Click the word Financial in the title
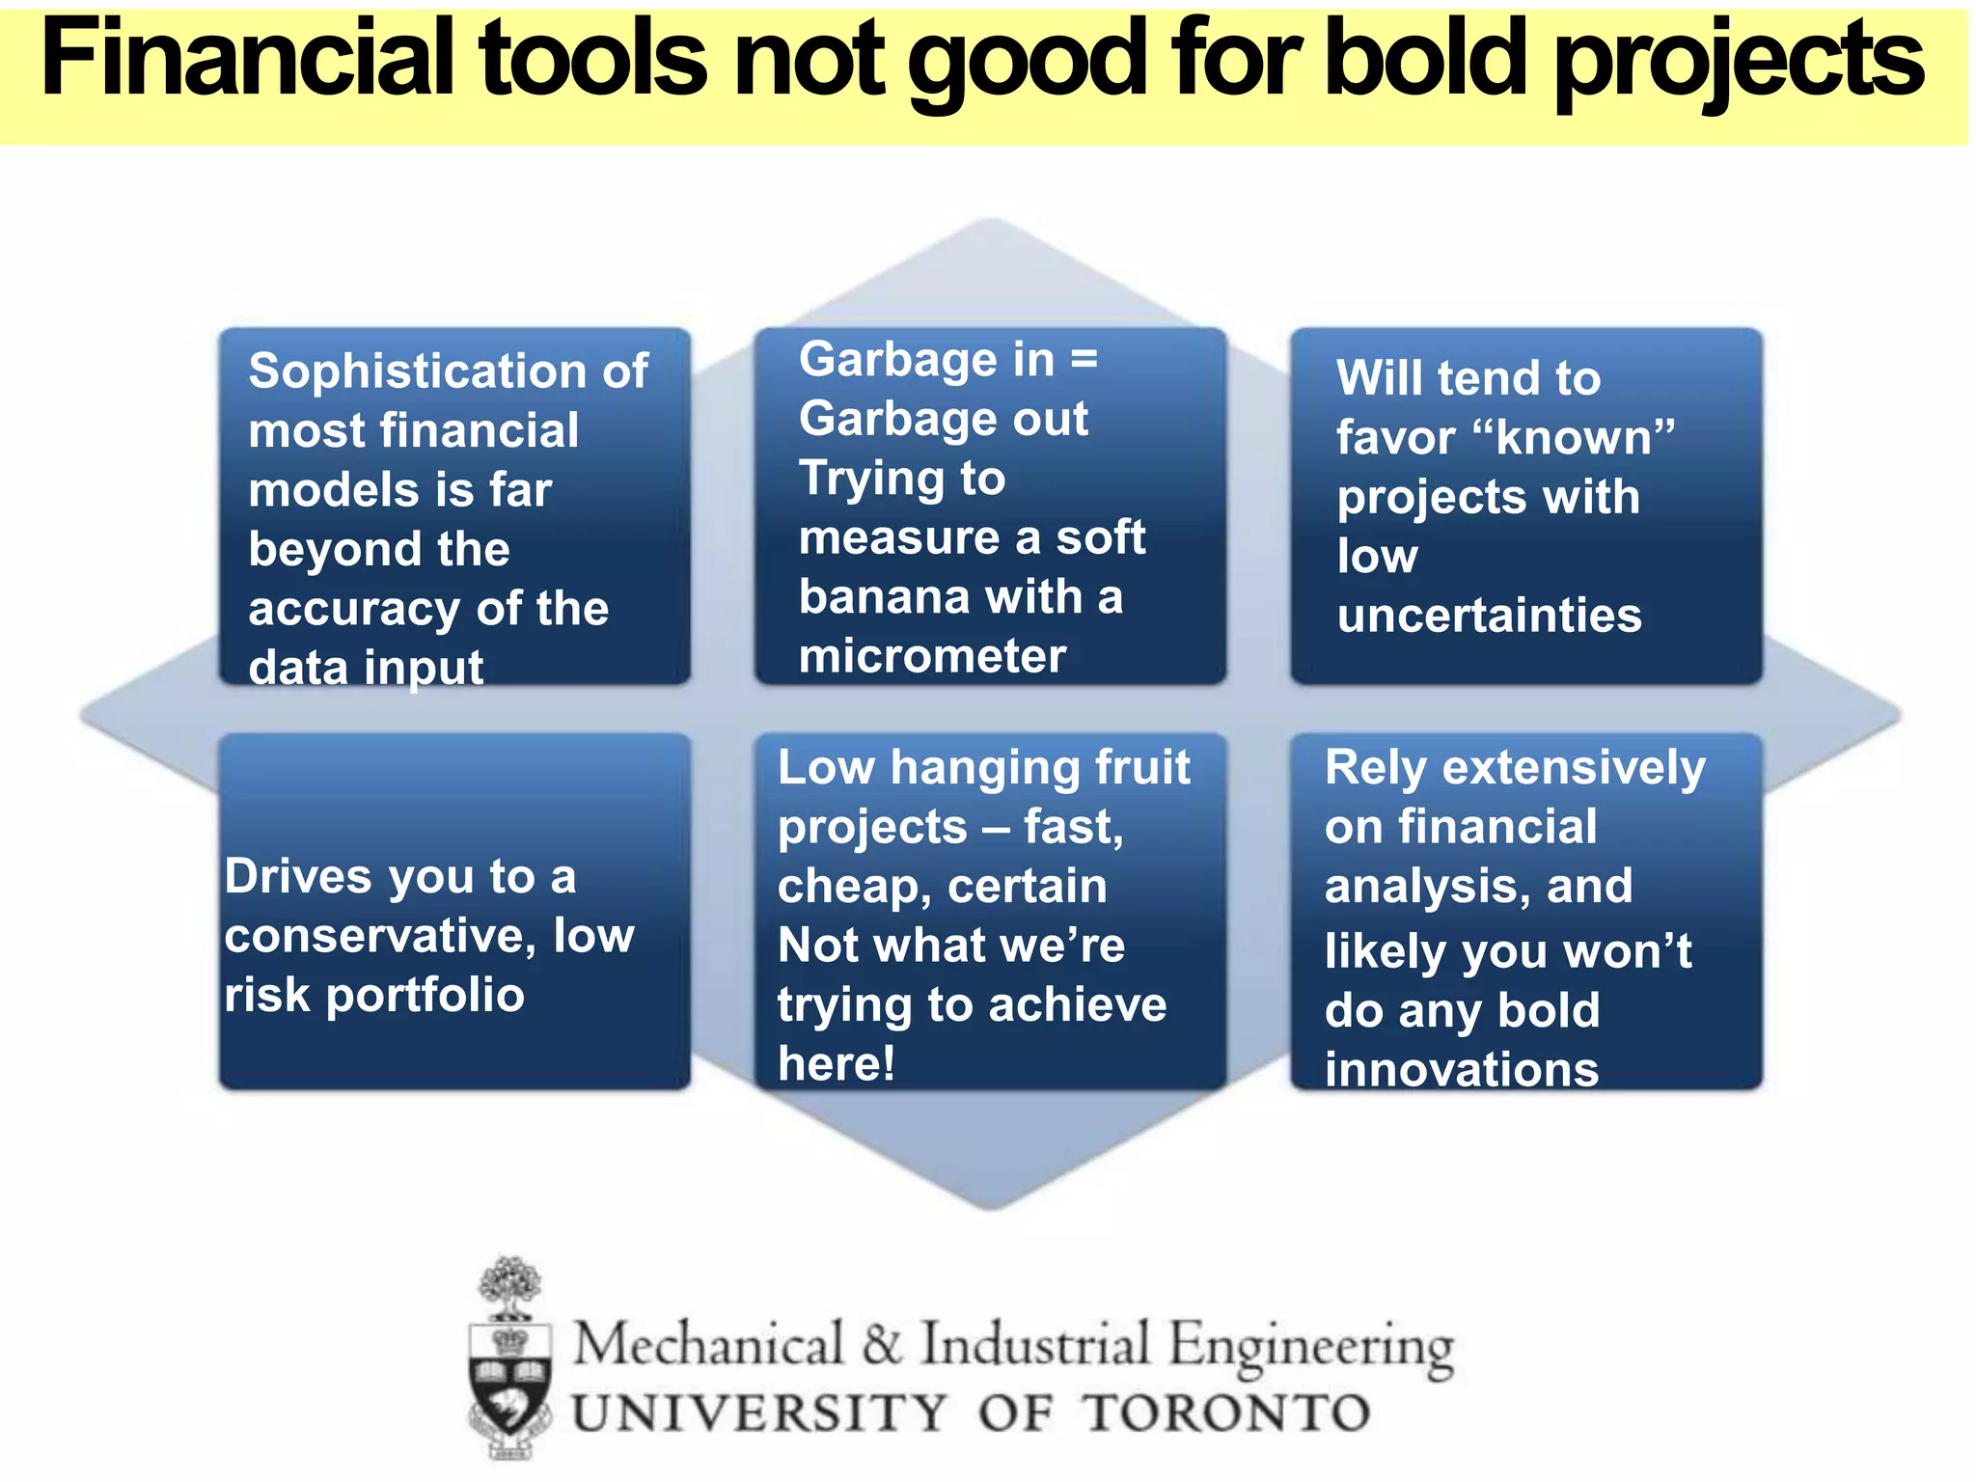[x=247, y=60]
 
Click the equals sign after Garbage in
[x=1084, y=359]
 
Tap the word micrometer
[x=932, y=657]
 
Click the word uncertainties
[x=1489, y=616]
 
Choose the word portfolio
[x=425, y=995]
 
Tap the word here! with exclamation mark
[x=837, y=1064]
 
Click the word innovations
[x=1462, y=1070]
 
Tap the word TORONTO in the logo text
[x=1225, y=1413]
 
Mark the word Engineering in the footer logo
[x=1310, y=1347]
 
